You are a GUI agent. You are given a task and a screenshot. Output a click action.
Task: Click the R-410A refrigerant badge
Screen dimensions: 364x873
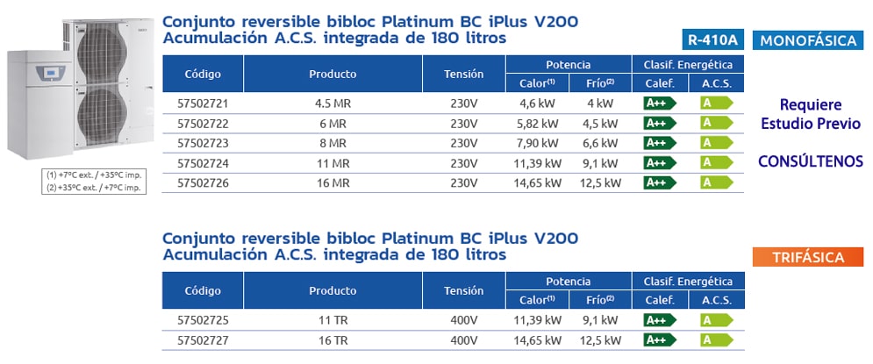pos(712,39)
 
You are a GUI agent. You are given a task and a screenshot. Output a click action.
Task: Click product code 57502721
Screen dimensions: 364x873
pos(203,103)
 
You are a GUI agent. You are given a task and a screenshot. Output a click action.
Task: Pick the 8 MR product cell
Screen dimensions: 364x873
pos(333,143)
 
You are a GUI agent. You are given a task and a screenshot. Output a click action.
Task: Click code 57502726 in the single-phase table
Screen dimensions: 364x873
pos(203,182)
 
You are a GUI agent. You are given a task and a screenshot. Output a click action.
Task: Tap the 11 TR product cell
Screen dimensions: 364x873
pos(333,320)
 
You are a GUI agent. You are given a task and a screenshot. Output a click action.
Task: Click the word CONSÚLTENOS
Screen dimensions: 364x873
pos(810,161)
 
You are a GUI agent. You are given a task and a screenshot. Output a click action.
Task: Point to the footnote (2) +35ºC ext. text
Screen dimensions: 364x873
pos(94,187)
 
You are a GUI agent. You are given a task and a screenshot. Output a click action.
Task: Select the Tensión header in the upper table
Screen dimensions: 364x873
pos(463,74)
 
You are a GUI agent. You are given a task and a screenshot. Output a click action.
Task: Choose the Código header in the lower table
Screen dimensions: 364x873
pos(203,290)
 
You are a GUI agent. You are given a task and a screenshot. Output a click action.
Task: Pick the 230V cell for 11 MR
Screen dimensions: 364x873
pos(463,163)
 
